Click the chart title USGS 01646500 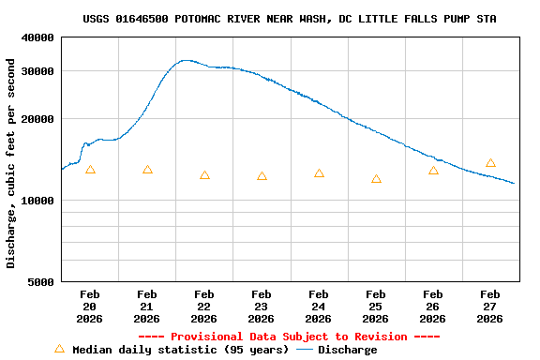coord(289,19)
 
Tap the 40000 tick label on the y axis coord(38,37)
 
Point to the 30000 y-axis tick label coord(38,71)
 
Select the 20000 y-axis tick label coord(38,119)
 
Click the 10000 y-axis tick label coord(38,201)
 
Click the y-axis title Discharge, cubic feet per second coord(11,163)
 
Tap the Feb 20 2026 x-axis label coord(90,306)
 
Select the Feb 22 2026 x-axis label coord(204,306)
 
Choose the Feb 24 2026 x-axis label coord(319,306)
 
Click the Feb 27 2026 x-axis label coord(490,306)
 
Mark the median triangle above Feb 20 coord(90,170)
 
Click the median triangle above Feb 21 coord(147,170)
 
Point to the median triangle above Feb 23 coord(262,176)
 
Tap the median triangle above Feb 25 coord(376,179)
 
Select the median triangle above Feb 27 coord(490,163)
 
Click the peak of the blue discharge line coord(187,60)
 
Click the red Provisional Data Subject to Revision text coord(289,337)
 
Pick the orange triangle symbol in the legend coord(59,349)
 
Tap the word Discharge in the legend coord(348,350)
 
